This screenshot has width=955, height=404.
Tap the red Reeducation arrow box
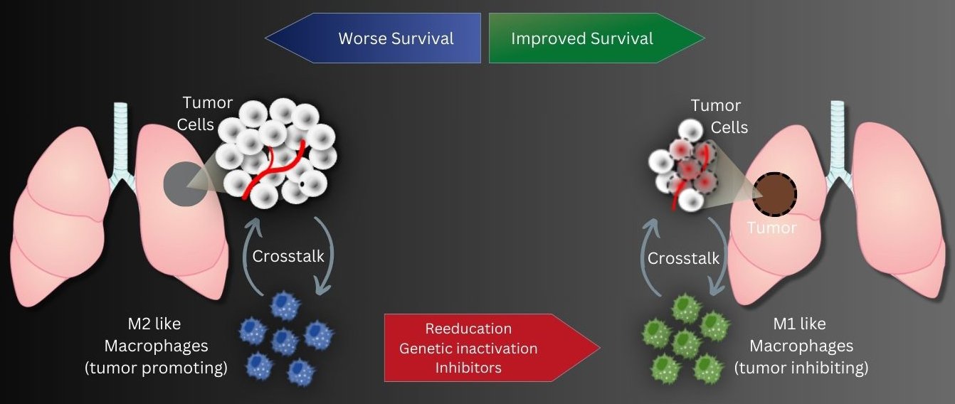pyautogui.click(x=491, y=348)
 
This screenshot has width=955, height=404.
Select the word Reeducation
pyautogui.click(x=468, y=329)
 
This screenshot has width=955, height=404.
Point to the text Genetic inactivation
pyautogui.click(x=468, y=349)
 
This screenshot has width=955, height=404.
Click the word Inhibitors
pyautogui.click(x=468, y=368)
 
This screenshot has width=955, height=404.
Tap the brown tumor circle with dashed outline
pyautogui.click(x=775, y=193)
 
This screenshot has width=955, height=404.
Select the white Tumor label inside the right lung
pyautogui.click(x=771, y=228)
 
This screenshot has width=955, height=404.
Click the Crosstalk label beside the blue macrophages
pyautogui.click(x=288, y=256)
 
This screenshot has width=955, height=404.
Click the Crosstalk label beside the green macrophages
pyautogui.click(x=685, y=258)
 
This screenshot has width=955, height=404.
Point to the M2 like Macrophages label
pyautogui.click(x=156, y=336)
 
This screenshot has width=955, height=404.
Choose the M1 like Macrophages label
pyautogui.click(x=801, y=336)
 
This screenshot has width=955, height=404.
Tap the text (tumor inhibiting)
pyautogui.click(x=801, y=368)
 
